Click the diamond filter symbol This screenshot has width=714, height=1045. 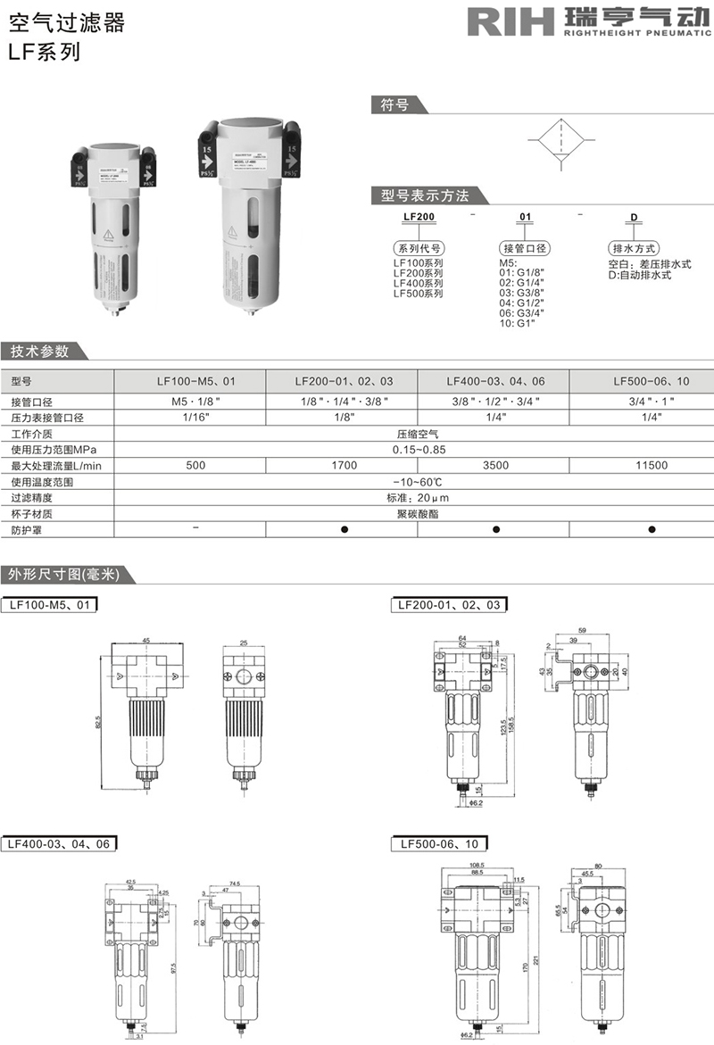[x=560, y=144]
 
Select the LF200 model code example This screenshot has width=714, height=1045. [x=418, y=217]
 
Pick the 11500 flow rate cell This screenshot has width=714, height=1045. [x=652, y=466]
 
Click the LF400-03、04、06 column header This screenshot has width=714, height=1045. [x=494, y=381]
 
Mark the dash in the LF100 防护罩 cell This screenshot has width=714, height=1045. [x=195, y=529]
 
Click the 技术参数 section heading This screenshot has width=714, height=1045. [x=39, y=351]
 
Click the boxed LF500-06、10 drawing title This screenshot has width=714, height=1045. [x=439, y=843]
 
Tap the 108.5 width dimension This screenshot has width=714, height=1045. [x=476, y=866]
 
